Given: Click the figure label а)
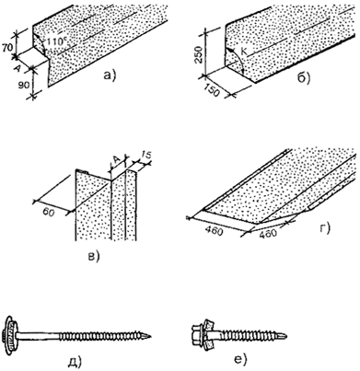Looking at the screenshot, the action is point(109,75).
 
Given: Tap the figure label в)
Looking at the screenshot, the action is point(94,256).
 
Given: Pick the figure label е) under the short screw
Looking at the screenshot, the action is point(240,360).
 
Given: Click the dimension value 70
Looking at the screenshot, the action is point(7,48).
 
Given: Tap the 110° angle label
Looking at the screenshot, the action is point(56,41).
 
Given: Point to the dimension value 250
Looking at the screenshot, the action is point(199,54).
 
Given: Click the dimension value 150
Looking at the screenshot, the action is point(212,89).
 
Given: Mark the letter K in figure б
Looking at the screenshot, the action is point(243,52).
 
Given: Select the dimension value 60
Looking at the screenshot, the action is point(48,213).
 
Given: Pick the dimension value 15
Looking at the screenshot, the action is point(146,156).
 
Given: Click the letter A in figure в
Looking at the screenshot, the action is point(116,159).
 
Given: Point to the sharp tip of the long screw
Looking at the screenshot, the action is point(150,336).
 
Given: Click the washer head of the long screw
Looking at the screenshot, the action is point(10,331).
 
